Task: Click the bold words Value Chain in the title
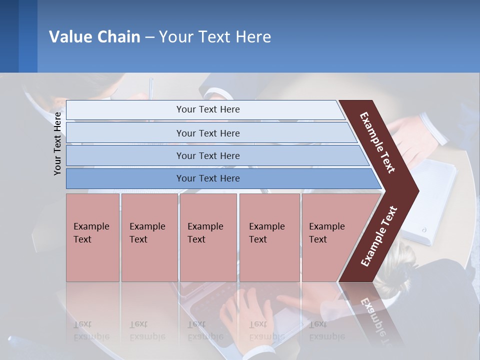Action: tap(94, 37)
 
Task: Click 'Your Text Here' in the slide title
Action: tap(215, 37)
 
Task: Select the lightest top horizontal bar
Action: tap(207, 109)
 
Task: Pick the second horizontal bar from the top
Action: tap(207, 133)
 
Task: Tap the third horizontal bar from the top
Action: tap(207, 155)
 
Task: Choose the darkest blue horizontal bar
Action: tap(207, 178)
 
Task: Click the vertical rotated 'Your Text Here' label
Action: tap(57, 143)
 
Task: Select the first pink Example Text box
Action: tap(92, 237)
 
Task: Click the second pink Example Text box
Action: tap(149, 237)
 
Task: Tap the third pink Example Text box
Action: tap(208, 237)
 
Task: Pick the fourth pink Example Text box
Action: tap(269, 237)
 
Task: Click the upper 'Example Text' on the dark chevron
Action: tap(377, 142)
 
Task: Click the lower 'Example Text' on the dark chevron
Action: tap(378, 236)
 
